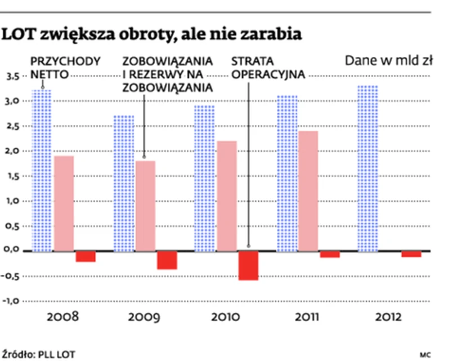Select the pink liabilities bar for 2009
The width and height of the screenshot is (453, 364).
pos(146,206)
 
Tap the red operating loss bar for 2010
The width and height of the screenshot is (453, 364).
pos(248,265)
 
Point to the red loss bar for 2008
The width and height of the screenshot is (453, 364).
pos(86,256)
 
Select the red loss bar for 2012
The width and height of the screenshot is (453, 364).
pos(411,254)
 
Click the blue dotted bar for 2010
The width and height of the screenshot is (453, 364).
pos(206,178)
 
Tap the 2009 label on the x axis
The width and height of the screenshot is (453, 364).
pos(143,317)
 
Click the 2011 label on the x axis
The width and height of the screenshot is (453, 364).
pos(306,317)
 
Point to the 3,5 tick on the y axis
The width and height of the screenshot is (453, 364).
pos(13,76)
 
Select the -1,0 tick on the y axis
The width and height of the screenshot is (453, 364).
pos(12,301)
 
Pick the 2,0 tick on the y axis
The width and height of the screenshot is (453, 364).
pos(13,150)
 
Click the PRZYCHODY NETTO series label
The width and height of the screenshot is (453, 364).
pos(65,66)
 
